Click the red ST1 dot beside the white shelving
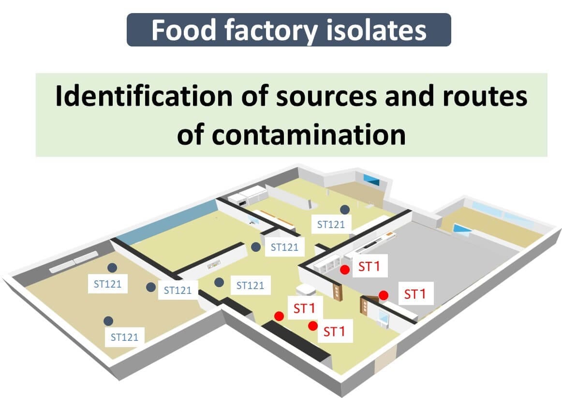(344, 270)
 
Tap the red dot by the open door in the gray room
(383, 295)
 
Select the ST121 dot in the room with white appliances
(344, 209)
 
